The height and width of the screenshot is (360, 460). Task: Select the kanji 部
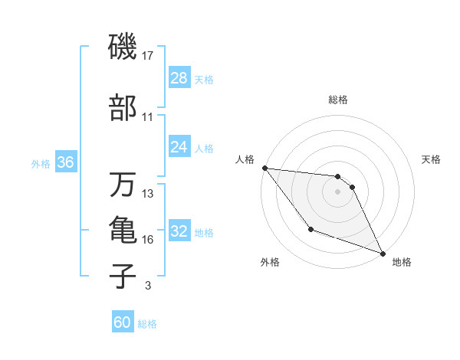point(123,109)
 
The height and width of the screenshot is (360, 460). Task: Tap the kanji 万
point(123,185)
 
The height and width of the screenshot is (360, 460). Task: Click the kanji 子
point(123,277)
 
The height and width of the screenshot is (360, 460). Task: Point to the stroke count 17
point(147,56)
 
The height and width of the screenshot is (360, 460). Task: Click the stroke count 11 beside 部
point(147,117)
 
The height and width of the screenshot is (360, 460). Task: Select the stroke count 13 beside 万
point(147,194)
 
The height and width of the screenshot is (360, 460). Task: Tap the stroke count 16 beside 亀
point(147,240)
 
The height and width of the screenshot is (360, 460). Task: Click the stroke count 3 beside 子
point(147,286)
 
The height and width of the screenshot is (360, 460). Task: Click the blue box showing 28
point(179,78)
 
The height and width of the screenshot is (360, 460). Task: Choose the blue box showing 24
point(179,147)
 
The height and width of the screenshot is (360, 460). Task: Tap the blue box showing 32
point(179,231)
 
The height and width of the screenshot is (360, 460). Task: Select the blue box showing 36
point(65,162)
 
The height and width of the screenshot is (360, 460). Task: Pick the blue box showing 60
point(122,322)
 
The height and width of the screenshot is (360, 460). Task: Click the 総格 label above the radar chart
point(338,100)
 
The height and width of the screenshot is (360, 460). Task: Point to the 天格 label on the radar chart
point(431,159)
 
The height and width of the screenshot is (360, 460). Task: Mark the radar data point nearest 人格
point(264,168)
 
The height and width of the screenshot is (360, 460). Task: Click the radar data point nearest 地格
point(383,254)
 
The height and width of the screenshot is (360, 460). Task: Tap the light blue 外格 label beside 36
point(41,163)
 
